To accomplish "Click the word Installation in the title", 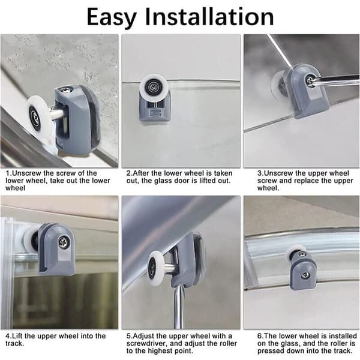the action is [x=209, y=16].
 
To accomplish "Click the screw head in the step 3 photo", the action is [x=310, y=79].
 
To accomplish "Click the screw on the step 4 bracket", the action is [x=62, y=241].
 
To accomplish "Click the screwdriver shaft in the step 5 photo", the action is [x=178, y=307].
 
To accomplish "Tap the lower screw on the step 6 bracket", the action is [x=305, y=275].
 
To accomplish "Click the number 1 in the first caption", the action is [x=8, y=173].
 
